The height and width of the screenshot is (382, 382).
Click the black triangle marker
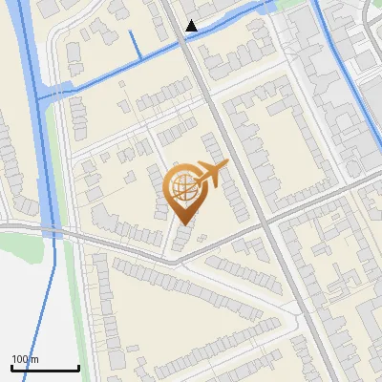(x=192, y=26)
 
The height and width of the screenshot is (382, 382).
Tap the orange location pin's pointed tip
(x=183, y=223)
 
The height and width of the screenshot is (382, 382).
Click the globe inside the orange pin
(x=183, y=186)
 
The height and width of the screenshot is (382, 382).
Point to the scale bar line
(x=45, y=369)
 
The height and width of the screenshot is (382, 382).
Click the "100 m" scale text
(x=25, y=359)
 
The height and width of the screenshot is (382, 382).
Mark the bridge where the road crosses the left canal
(x=53, y=232)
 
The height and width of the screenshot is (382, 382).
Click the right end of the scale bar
(x=78, y=369)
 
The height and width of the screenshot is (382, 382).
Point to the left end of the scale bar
(x=11, y=369)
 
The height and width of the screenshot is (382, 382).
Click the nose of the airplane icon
(x=227, y=167)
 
